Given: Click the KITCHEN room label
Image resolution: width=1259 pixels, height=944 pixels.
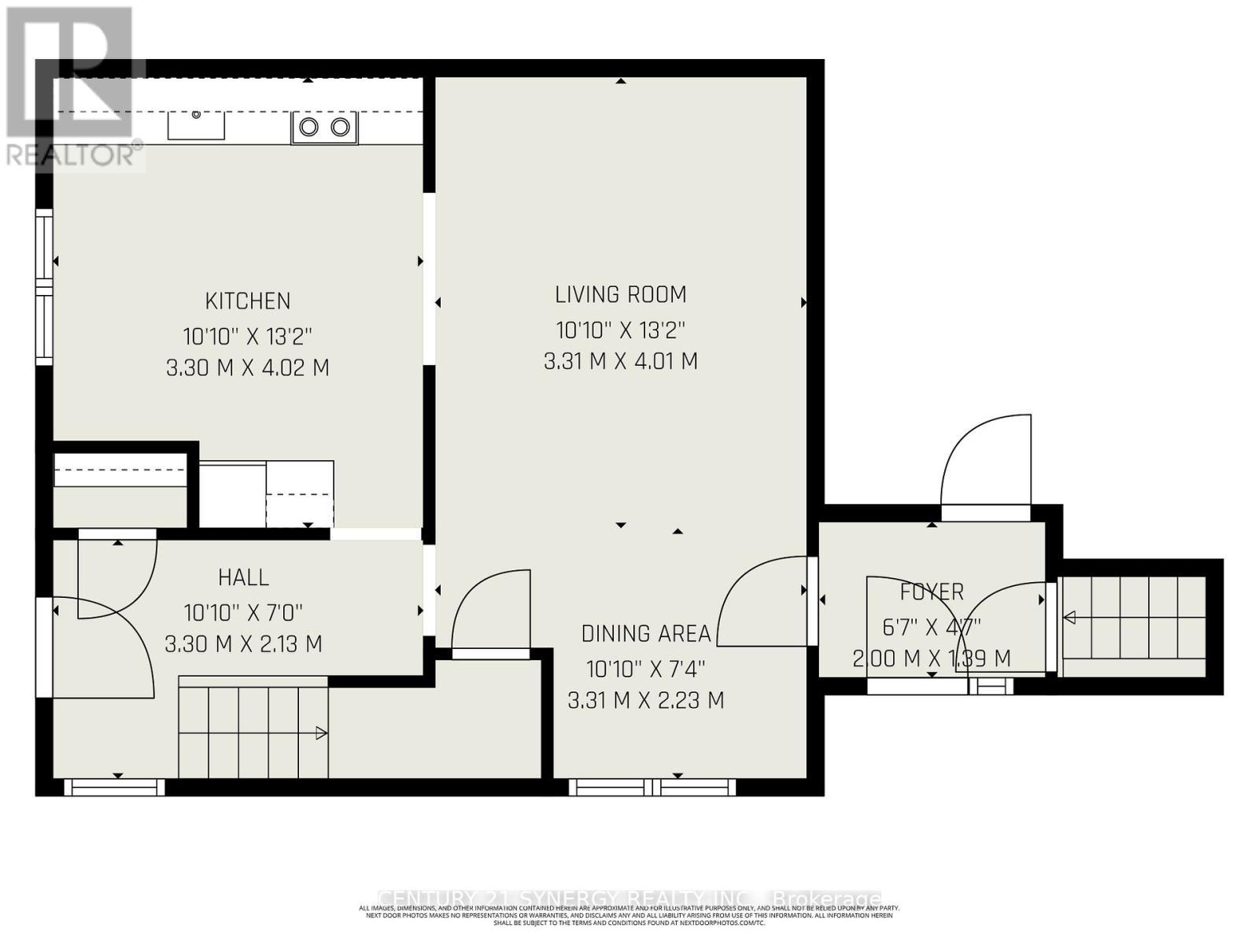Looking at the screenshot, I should pos(248,301).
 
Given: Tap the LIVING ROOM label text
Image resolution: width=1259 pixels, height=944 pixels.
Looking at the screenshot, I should pos(621,295).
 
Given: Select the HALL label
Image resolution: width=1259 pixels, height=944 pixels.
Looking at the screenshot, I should pos(243,577).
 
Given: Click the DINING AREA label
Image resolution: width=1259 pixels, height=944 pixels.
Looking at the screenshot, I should pos(645,634).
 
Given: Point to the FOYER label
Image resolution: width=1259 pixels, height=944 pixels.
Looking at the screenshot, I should pos(932,592).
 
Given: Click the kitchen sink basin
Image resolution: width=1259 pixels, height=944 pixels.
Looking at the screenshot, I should pos(196,126).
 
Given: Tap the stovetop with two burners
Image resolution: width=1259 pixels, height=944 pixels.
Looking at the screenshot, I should pos(324,127).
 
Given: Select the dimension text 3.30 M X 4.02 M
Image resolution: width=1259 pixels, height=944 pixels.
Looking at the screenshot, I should pos(248,368).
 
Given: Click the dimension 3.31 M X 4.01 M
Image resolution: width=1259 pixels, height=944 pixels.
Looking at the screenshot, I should pos(621,362).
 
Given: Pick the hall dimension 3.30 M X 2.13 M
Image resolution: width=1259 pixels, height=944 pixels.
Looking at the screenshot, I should pos(243,644).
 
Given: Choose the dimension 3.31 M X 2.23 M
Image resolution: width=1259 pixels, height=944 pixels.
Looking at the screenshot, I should pos(645,700).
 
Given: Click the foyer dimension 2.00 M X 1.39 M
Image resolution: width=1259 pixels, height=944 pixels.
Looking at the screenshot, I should pos(932,658).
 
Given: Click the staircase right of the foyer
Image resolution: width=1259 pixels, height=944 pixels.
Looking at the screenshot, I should pos(1133,626).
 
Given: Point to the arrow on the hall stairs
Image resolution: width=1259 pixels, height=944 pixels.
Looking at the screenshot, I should pos(320,733).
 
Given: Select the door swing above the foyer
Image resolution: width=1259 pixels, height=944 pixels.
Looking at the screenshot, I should pos(987,464).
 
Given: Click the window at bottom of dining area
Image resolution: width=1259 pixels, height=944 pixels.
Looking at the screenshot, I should pos(652,786).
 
